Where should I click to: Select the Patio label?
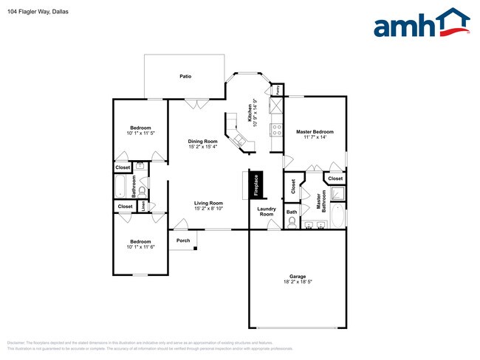[185, 76]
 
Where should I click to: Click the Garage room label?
[297, 277]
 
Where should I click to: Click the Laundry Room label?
[266, 211]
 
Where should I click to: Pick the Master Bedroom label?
[315, 132]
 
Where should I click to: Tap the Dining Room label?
[202, 141]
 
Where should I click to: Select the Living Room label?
[208, 203]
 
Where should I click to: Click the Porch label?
[183, 240]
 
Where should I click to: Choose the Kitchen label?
[250, 112]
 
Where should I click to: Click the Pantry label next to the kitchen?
[277, 90]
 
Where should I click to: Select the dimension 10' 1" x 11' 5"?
[140, 134]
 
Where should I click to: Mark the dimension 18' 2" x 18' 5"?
[297, 283]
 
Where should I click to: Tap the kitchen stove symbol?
[277, 129]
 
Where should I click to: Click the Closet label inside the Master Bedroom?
[335, 179]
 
